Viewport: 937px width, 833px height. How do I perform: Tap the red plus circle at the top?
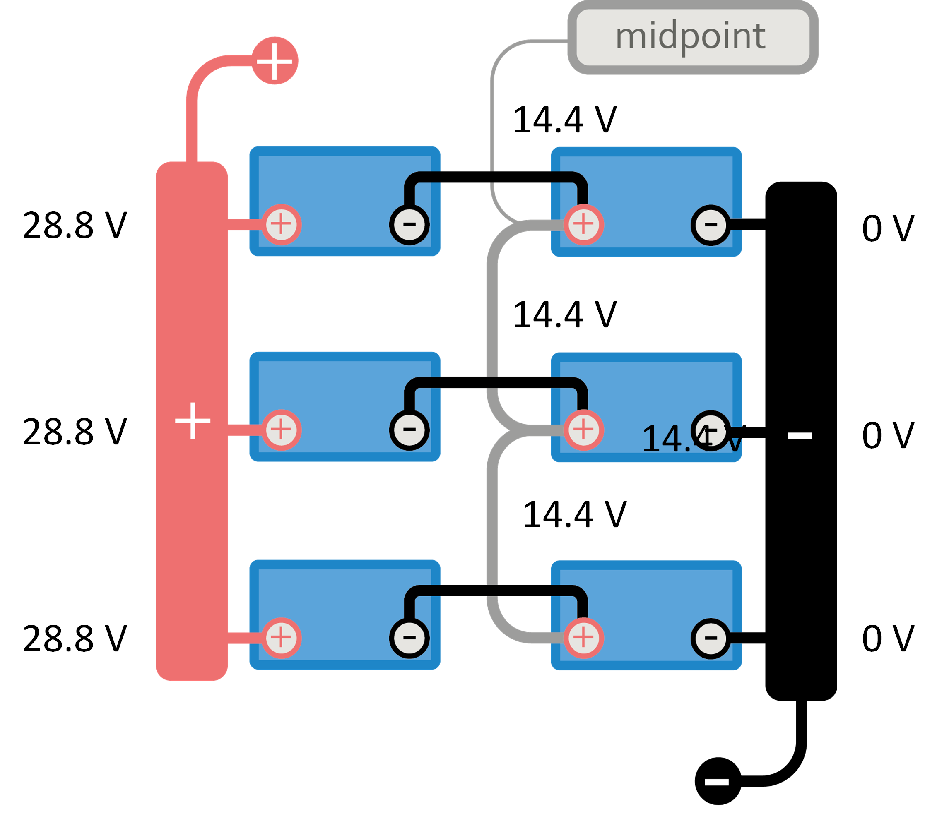pyautogui.click(x=275, y=61)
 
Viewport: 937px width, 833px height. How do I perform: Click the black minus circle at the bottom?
pyautogui.click(x=718, y=781)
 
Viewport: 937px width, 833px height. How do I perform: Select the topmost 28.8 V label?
pyautogui.click(x=75, y=226)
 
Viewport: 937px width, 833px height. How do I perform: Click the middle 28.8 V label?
pyautogui.click(x=75, y=432)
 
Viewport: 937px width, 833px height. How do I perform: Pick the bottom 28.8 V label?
pyautogui.click(x=75, y=638)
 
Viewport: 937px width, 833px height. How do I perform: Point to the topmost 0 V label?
pyautogui.click(x=888, y=228)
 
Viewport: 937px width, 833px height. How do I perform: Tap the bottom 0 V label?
pyautogui.click(x=888, y=638)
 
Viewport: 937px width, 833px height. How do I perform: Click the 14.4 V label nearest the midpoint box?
pyautogui.click(x=565, y=120)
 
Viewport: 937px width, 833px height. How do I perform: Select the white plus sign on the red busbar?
pyautogui.click(x=193, y=420)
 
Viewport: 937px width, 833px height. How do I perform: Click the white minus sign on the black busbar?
pyautogui.click(x=800, y=435)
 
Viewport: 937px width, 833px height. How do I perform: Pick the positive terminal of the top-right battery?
pyautogui.click(x=583, y=225)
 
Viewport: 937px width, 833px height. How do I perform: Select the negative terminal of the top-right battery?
pyautogui.click(x=711, y=225)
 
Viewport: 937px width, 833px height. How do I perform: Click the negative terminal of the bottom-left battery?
pyautogui.click(x=409, y=638)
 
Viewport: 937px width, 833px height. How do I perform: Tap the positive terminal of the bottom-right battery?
pyautogui.click(x=583, y=638)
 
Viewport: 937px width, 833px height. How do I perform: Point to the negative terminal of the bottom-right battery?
pyautogui.click(x=711, y=638)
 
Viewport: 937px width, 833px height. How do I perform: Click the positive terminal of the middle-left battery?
pyautogui.click(x=281, y=430)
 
